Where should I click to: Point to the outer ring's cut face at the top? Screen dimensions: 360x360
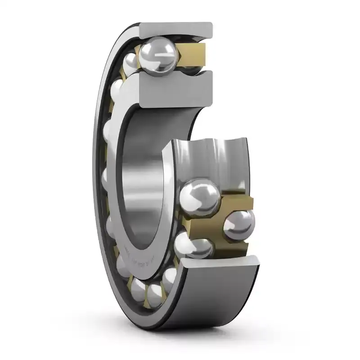tap(176, 30)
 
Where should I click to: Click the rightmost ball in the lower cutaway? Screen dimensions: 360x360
tap(238, 225)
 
